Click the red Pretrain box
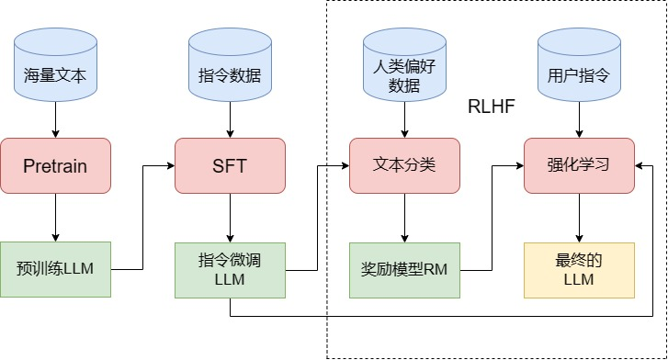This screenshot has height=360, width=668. point(55,165)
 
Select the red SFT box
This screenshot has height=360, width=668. point(230,165)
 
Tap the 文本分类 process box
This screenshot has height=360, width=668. point(404,165)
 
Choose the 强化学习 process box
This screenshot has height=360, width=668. point(578,165)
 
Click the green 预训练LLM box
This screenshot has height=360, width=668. point(55,269)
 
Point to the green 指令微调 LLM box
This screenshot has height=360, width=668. point(230,269)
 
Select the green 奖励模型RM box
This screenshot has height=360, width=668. point(404,269)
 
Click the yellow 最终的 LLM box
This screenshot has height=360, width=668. point(578,269)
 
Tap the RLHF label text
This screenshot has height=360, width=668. point(490,107)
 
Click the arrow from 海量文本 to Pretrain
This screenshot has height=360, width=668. point(55,121)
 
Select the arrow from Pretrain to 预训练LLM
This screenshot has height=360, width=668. point(55,217)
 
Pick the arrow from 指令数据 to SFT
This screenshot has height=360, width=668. point(230,121)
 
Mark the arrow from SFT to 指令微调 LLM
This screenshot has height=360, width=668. point(230,217)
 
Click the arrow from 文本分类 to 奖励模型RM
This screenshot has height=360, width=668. point(404,217)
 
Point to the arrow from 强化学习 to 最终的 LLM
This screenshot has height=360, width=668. point(578,217)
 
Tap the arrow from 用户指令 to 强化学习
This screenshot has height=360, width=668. point(578,121)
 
